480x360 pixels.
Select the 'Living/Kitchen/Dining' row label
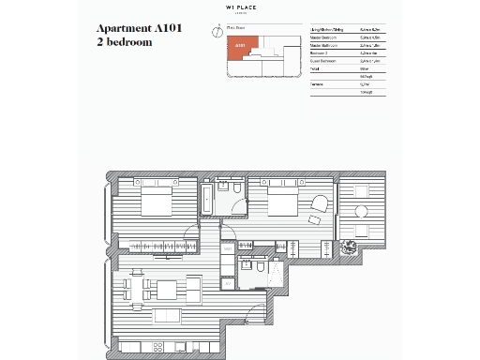[328, 31]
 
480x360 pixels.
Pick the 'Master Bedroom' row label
[325, 38]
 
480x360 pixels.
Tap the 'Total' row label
[317, 67]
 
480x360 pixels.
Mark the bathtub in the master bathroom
[206, 202]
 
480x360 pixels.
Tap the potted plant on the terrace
[351, 247]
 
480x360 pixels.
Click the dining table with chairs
[137, 290]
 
